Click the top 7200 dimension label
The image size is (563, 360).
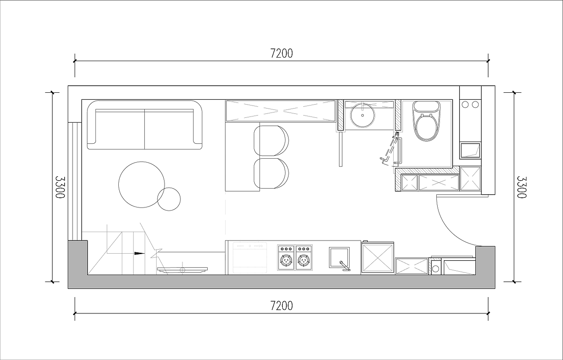point(281,54)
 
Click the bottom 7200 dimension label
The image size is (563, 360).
point(281,306)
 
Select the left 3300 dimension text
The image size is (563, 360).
point(60,187)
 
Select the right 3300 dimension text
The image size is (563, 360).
point(522,187)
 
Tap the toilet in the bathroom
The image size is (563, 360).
point(427,121)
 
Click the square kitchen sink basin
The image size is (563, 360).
point(339,258)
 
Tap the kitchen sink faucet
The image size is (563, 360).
point(345,266)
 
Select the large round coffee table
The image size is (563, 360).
point(142,185)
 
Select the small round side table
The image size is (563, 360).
point(169,199)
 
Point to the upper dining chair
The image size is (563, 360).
point(271,141)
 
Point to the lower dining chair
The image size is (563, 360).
point(271,173)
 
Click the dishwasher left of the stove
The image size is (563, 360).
point(250,258)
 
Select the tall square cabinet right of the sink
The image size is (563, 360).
point(378,258)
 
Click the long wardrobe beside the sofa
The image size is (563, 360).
point(281,111)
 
